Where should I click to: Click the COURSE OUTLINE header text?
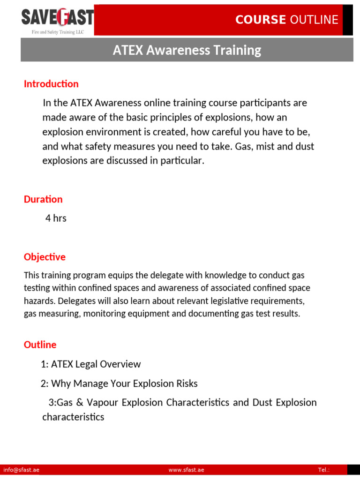(x=286, y=20)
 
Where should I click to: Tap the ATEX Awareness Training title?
(x=187, y=50)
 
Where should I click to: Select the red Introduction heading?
(x=51, y=84)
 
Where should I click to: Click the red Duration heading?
(x=43, y=199)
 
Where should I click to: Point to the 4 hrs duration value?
(x=56, y=218)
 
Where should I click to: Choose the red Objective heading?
(x=45, y=257)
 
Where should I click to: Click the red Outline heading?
(x=40, y=345)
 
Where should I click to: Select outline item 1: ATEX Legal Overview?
(x=90, y=364)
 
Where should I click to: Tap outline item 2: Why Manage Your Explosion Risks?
(x=119, y=383)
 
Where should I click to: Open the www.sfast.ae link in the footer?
(x=186, y=470)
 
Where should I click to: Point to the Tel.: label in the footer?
(x=323, y=470)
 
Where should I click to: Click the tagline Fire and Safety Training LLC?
(x=57, y=31)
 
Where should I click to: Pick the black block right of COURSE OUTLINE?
(x=348, y=20)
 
